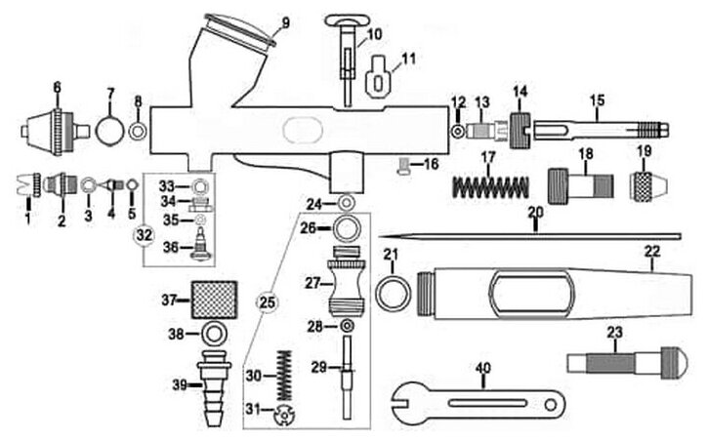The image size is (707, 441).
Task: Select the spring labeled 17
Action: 492,181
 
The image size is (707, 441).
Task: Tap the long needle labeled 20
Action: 537,235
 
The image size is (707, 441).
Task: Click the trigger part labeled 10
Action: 347,55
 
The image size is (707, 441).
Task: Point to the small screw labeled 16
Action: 402,165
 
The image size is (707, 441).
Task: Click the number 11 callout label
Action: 407,58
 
